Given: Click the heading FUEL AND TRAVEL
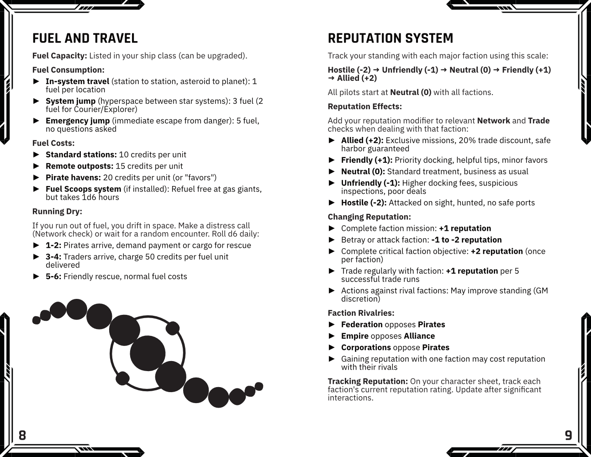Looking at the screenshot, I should (85, 38).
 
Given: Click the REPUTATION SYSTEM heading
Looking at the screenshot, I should (390, 38).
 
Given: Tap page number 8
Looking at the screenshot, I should (22, 435).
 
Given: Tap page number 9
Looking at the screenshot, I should (568, 435).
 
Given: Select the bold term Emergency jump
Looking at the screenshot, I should (78, 121).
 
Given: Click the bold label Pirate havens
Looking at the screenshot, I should (73, 177).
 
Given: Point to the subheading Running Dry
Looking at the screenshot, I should (57, 211).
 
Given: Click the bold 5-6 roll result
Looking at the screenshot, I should (53, 276).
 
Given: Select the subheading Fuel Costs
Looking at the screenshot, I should (53, 143).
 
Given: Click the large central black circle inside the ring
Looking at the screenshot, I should (148, 353).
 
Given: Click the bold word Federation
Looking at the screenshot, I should (362, 324).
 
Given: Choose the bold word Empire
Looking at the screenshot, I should (355, 336).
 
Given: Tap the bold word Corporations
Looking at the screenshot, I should (366, 347).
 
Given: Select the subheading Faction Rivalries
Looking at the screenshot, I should (361, 313).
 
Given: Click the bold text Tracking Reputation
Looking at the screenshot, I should (368, 381).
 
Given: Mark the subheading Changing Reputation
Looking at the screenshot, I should (369, 217).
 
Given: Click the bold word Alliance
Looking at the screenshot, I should (419, 336).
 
